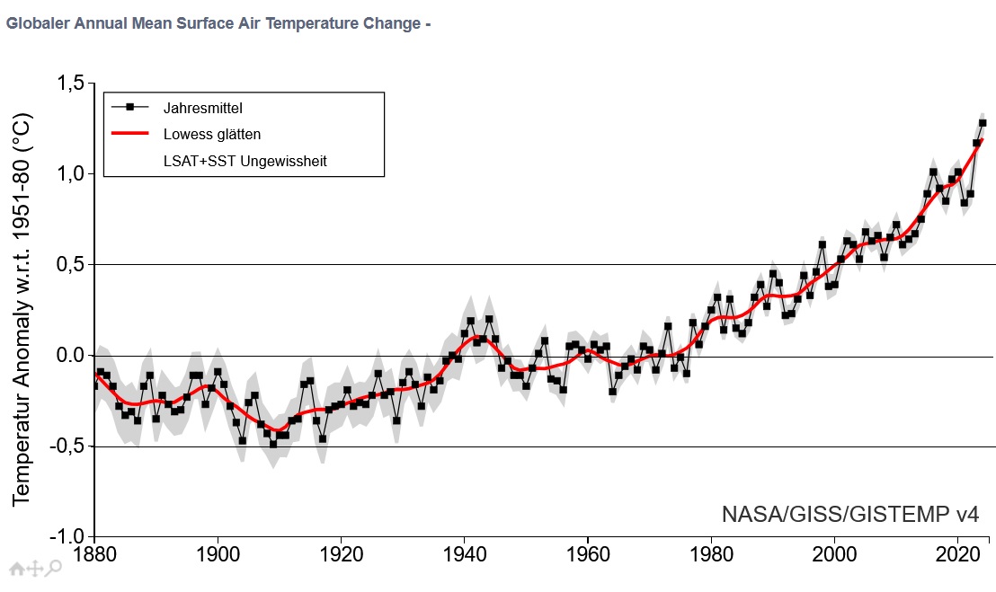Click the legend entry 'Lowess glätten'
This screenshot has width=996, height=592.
pos(212,135)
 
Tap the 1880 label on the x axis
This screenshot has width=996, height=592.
pos(93,555)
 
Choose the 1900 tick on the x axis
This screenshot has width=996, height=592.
pos(218,555)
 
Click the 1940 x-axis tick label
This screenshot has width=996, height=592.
pos(464,555)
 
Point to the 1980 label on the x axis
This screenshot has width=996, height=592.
pos(711,555)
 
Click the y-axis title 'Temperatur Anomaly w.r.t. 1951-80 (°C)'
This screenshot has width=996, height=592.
pos(22,310)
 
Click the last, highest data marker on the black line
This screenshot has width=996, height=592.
pos(983,123)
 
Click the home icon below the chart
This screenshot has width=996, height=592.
pos(16,568)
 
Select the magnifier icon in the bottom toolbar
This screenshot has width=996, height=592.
pos(54,567)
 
